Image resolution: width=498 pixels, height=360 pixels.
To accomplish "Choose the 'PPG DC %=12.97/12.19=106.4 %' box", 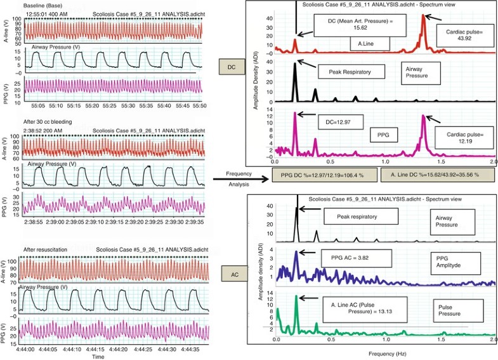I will (315, 175).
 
